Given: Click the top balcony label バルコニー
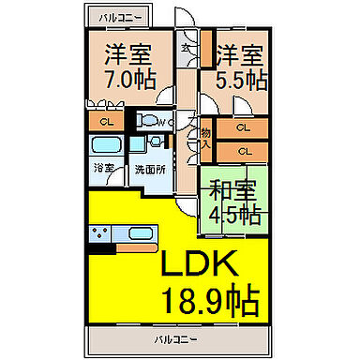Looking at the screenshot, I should point(117,16).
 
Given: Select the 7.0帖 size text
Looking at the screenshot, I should point(129,79).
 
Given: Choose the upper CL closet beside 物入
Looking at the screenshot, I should point(243,128).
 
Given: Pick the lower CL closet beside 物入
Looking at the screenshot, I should point(243,150).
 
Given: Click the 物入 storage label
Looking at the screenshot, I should point(205,138).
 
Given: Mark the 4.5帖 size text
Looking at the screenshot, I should point(234,214).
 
